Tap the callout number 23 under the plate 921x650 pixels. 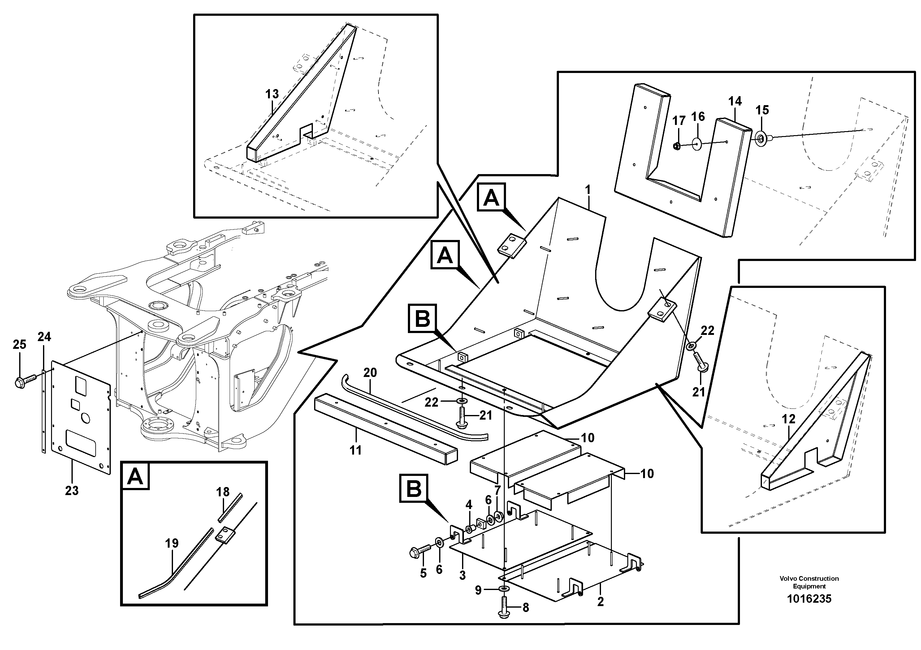point(72,490)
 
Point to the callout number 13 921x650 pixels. point(272,94)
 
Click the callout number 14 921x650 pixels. point(735,101)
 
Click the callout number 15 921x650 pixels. point(762,110)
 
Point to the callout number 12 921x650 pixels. point(788,419)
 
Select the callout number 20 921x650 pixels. point(370,373)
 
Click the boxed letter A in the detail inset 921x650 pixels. point(135,476)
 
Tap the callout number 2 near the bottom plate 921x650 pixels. point(600,602)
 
